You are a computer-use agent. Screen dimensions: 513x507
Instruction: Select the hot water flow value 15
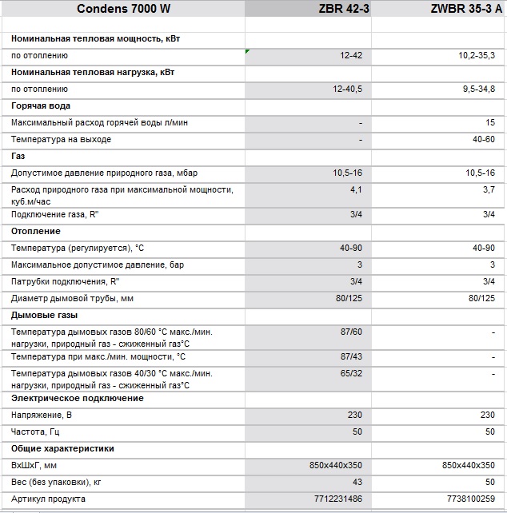(x=489, y=123)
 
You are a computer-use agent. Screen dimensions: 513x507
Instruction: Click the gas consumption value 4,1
(x=356, y=189)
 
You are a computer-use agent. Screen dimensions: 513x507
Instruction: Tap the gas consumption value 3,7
(x=488, y=189)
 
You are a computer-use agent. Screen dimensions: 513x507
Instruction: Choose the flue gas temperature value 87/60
(x=351, y=332)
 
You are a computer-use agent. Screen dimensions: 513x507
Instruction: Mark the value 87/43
(x=351, y=356)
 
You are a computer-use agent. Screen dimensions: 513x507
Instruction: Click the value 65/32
(x=351, y=373)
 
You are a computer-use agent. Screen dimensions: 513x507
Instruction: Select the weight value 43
(x=357, y=482)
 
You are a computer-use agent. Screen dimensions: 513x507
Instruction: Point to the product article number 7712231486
(x=338, y=499)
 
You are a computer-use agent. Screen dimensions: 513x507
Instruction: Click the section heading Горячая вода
(x=41, y=105)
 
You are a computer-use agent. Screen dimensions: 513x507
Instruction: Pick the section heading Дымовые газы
(x=44, y=315)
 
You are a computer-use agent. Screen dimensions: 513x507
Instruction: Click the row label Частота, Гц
(x=37, y=431)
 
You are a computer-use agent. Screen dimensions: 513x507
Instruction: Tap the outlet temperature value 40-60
(x=483, y=139)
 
